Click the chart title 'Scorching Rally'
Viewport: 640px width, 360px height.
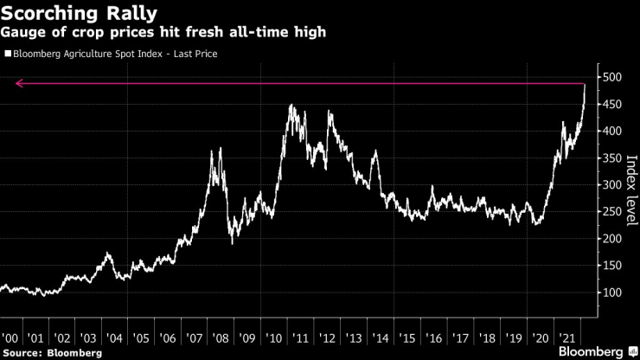click(79, 14)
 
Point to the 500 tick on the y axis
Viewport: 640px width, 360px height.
click(612, 77)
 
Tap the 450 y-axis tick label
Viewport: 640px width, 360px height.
click(612, 104)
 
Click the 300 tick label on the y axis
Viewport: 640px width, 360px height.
click(612, 184)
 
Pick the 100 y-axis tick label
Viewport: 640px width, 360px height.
click(612, 292)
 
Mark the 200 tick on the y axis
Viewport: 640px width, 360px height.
click(612, 239)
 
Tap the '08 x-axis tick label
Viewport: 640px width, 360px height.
click(222, 337)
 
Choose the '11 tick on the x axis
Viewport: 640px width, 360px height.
click(301, 337)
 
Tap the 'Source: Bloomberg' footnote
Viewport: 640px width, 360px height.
click(52, 352)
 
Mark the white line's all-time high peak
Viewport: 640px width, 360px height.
click(586, 85)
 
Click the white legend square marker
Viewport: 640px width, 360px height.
click(8, 54)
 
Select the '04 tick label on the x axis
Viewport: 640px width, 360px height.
click(116, 337)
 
